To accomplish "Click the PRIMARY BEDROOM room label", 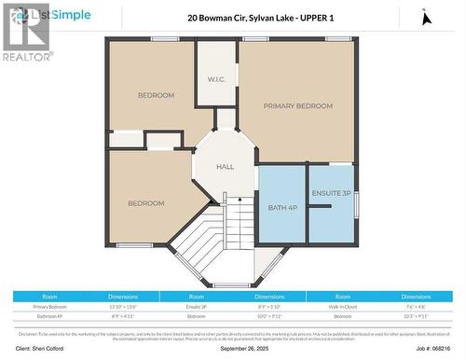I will [297, 106].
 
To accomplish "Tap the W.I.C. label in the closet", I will [215, 78].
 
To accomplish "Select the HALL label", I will [225, 167].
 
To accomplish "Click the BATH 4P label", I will [281, 207].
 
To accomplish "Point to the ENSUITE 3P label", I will [332, 194].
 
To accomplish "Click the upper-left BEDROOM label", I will [156, 95].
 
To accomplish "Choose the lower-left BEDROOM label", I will [145, 203].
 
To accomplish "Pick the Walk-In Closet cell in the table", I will [351, 306].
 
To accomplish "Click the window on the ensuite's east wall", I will [356, 203].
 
